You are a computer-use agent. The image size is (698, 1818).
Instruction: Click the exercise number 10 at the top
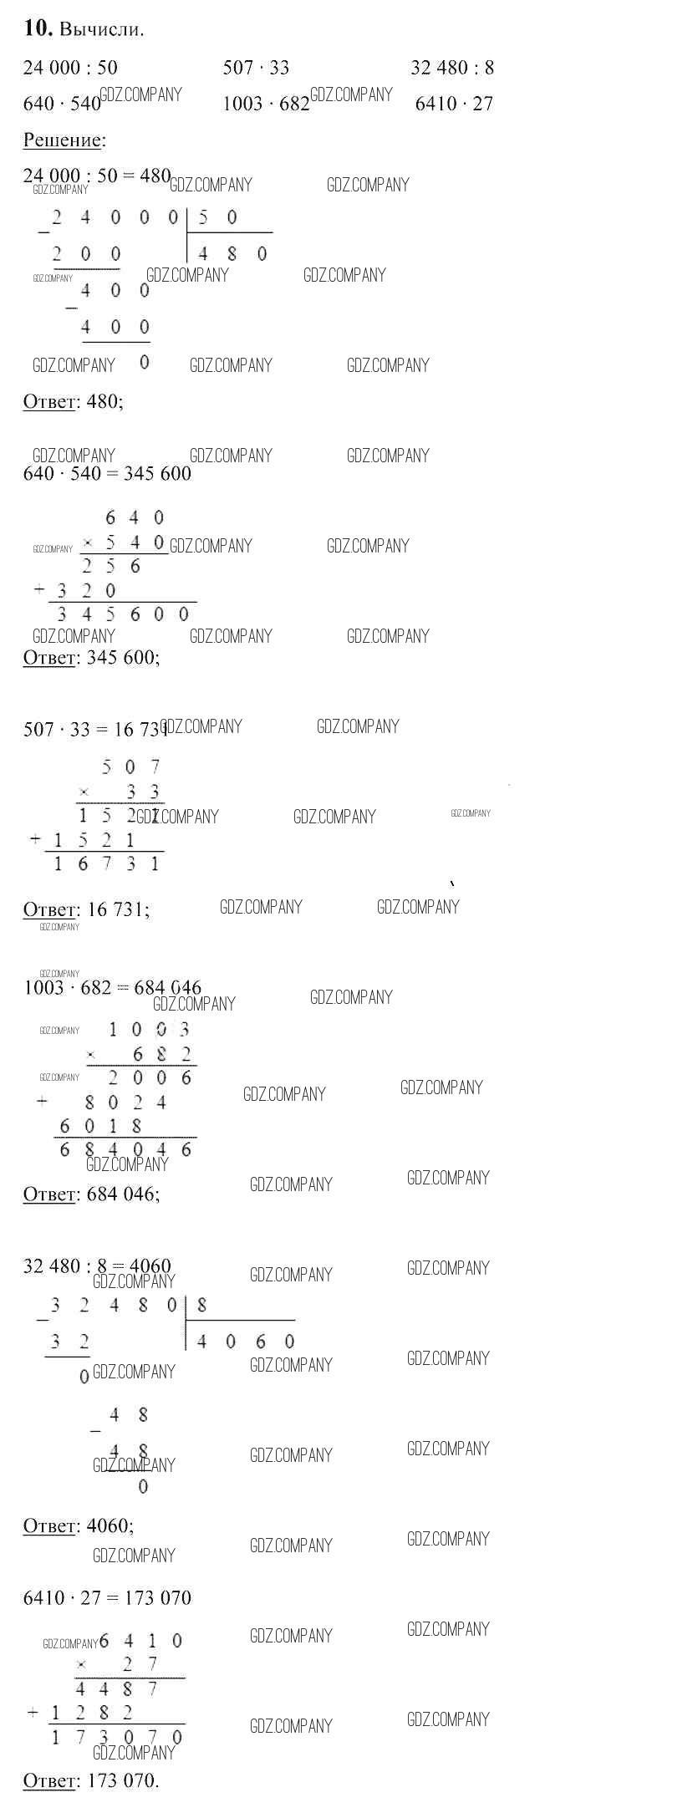click(x=38, y=28)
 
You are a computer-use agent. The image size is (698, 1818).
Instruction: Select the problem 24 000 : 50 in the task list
click(x=70, y=68)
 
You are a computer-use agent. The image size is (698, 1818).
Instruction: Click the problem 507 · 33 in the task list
click(x=256, y=68)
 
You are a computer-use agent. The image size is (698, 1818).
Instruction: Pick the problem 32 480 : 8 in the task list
click(x=452, y=68)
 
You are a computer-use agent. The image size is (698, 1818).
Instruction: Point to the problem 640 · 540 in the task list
click(x=62, y=104)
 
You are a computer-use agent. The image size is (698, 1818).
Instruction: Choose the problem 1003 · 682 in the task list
click(x=266, y=104)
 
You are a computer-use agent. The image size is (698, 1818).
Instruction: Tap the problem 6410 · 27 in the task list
click(x=454, y=104)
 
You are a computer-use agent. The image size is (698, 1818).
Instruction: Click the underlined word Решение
click(x=62, y=140)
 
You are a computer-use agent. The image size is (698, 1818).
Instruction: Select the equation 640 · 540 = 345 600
click(x=107, y=474)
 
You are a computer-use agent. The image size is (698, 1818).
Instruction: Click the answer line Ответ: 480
click(x=73, y=401)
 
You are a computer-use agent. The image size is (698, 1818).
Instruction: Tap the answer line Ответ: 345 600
click(x=91, y=657)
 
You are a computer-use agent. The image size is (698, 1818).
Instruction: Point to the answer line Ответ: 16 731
click(x=86, y=909)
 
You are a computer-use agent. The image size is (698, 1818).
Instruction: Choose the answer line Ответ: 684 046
click(x=91, y=1194)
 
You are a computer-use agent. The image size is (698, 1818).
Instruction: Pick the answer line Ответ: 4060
click(x=78, y=1525)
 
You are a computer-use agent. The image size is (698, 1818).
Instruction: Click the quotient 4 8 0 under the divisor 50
click(x=232, y=253)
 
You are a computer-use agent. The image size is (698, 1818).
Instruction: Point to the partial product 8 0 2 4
click(x=125, y=1103)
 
